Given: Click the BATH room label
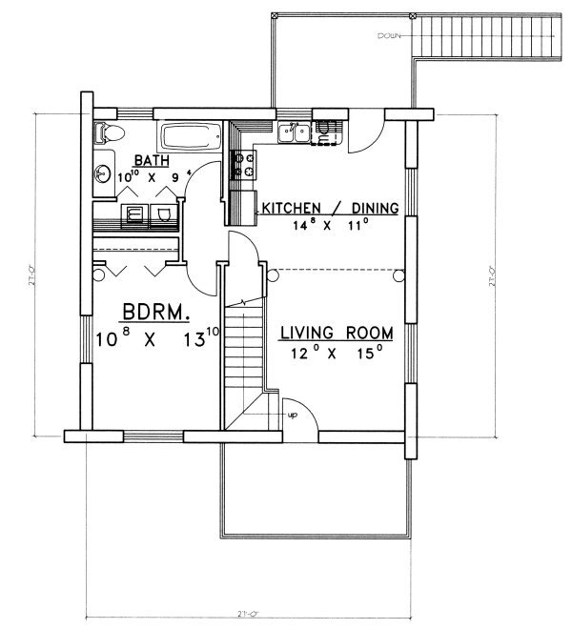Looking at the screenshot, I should [x=153, y=160].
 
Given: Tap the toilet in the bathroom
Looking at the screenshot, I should [x=107, y=134].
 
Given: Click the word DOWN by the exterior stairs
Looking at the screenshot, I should [x=388, y=37].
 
